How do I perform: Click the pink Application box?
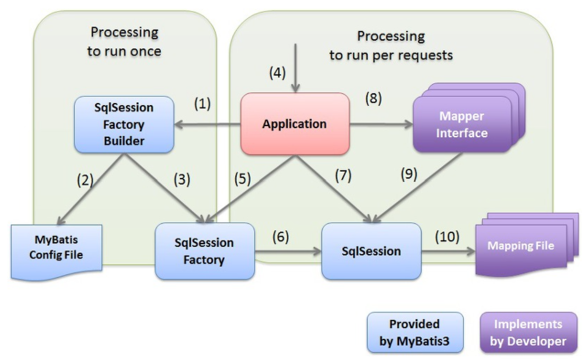pos(295,124)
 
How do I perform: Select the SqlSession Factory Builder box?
pos(124,125)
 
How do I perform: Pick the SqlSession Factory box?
pos(204,251)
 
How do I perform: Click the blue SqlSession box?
pos(371,251)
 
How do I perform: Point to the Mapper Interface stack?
pos(469,118)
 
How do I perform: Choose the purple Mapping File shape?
pos(527,245)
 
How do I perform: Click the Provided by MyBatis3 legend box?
pos(415,332)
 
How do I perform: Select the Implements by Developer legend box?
pos(529,332)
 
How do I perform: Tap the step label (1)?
pos(202,104)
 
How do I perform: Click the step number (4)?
pos(277,73)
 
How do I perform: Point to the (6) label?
pos(281,236)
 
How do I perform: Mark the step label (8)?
pos(374,99)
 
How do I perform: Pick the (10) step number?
pos(447,236)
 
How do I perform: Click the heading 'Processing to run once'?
pos(124,42)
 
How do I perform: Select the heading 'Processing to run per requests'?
pos(391,46)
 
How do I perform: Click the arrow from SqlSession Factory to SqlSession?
pos(288,252)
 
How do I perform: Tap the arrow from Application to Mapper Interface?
pos(381,124)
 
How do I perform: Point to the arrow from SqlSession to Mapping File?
pos(448,252)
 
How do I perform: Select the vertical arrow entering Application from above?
pos(295,68)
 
